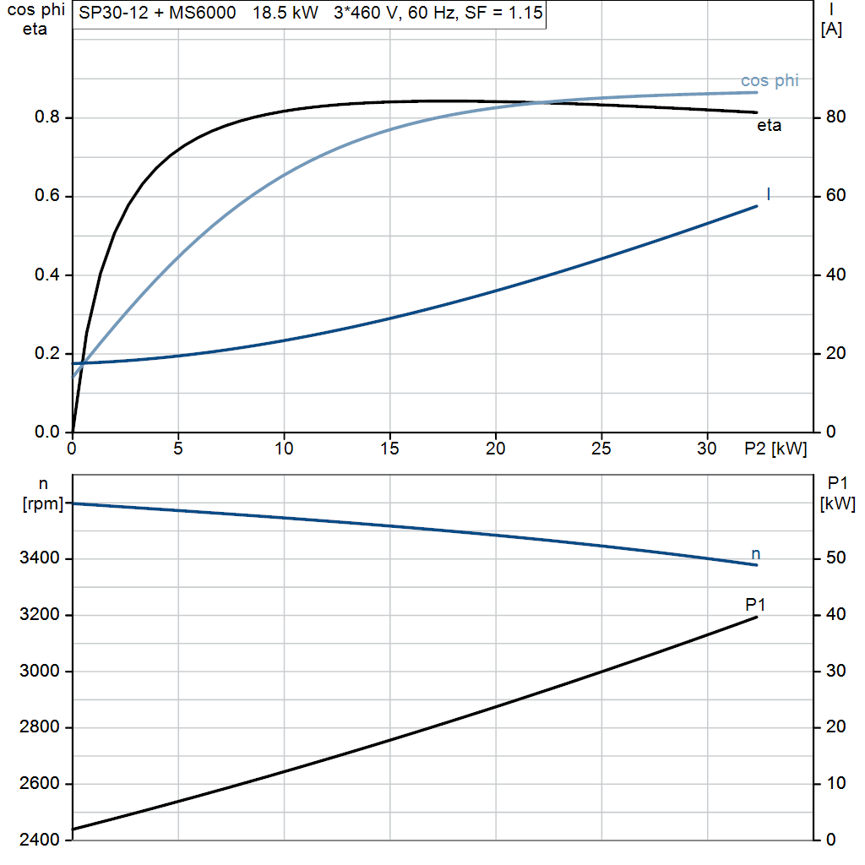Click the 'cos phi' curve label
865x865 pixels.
[769, 81]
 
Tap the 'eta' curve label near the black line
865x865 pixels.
[769, 127]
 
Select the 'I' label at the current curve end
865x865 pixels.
[768, 194]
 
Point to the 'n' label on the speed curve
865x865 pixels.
[756, 554]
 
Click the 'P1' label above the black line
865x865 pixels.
[755, 604]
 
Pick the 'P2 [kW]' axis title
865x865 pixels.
[775, 449]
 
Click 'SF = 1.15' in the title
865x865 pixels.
[504, 14]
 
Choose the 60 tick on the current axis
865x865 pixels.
[834, 196]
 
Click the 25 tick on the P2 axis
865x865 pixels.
[601, 449]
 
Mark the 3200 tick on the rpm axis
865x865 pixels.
[37, 615]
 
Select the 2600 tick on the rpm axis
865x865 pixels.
[37, 784]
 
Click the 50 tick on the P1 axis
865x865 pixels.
[834, 558]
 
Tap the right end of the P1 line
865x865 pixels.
[756, 617]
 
